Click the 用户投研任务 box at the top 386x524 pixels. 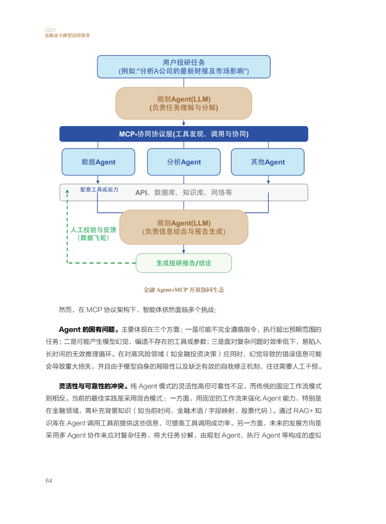coord(184,67)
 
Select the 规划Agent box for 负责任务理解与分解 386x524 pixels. coord(184,103)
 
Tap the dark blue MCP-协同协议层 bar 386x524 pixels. coord(184,134)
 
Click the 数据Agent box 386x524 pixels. coord(98,162)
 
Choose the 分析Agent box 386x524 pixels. coord(184,162)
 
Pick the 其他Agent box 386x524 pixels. coord(268,162)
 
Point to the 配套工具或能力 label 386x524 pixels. coord(99,189)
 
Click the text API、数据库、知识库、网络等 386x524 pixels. coord(183,193)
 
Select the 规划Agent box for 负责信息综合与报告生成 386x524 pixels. coord(184,227)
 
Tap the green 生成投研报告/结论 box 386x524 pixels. coord(184,263)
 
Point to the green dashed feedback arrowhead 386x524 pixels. coord(67,191)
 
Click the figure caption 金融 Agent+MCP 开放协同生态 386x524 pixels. coord(184,290)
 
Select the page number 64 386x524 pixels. coord(49,481)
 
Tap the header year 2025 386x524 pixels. coord(50,30)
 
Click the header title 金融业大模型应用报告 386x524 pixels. coord(67,35)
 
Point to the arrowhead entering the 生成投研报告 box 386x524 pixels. coord(184,252)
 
